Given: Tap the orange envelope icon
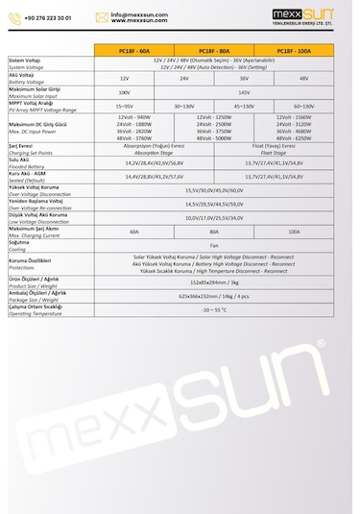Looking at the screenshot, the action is point(102,17).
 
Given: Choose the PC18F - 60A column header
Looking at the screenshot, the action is point(135,50).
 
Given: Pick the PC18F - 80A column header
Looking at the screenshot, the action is point(214,50).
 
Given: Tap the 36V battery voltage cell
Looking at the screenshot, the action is point(244,78).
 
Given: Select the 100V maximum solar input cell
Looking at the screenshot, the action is point(124,92).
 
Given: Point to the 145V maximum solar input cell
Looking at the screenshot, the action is point(244,92).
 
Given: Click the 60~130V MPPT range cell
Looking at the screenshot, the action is point(303,107).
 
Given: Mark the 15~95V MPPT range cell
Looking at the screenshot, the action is point(124,107).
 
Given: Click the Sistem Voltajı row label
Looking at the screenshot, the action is point(23,60).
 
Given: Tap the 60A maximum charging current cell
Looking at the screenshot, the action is point(134,232).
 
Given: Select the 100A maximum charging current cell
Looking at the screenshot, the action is point(294,232).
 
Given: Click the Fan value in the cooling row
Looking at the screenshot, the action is point(214,246).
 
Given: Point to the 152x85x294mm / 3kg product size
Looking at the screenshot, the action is point(214,283).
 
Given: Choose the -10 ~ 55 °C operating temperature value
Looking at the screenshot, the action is point(214,310).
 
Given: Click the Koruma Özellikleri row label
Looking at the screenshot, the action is point(30,260).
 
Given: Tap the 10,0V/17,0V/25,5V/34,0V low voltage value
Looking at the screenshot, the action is point(214,218).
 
